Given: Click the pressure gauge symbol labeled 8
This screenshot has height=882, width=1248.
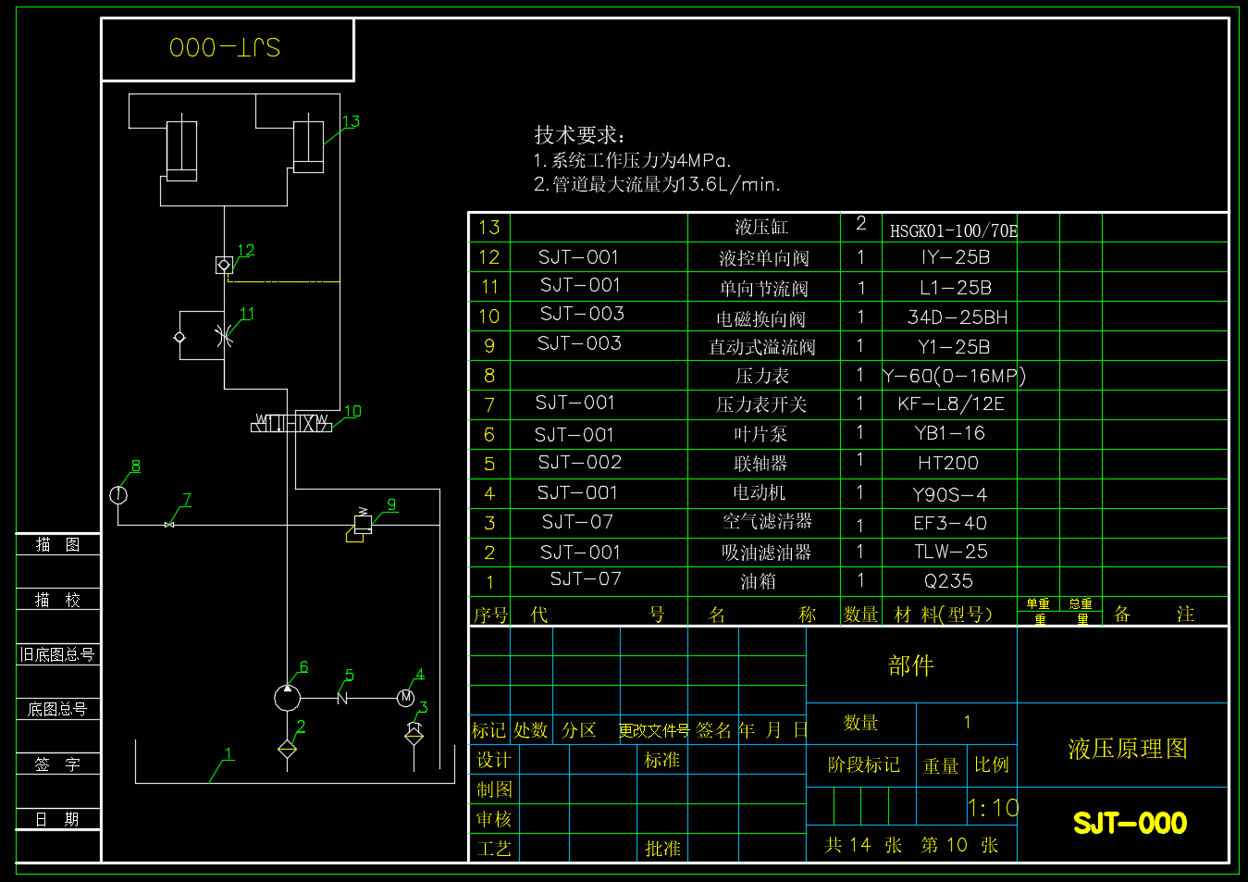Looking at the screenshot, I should pyautogui.click(x=118, y=494).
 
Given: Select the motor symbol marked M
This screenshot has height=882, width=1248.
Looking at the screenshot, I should pyautogui.click(x=405, y=698).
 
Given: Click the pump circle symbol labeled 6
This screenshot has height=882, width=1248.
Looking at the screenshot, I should pyautogui.click(x=288, y=697).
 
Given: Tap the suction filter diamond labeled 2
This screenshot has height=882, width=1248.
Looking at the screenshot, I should pyautogui.click(x=288, y=749).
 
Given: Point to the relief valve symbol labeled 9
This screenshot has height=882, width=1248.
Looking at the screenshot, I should pyautogui.click(x=362, y=525).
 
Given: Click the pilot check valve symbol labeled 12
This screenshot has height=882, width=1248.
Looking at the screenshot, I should pyautogui.click(x=224, y=265).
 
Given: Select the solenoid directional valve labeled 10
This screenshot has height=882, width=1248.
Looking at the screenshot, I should pyautogui.click(x=291, y=423).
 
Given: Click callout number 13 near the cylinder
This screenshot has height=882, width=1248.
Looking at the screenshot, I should pyautogui.click(x=351, y=122).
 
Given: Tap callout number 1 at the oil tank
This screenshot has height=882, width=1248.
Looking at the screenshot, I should pyautogui.click(x=229, y=753).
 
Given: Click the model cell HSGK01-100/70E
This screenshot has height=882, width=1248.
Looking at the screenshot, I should pyautogui.click(x=953, y=230).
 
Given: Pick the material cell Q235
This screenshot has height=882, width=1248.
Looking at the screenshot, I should pyautogui.click(x=948, y=581).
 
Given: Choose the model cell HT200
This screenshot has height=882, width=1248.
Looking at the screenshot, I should pyautogui.click(x=948, y=463).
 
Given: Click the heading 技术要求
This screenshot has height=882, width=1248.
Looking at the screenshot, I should pyautogui.click(x=579, y=135).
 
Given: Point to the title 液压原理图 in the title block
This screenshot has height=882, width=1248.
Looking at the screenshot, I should pyautogui.click(x=1128, y=749).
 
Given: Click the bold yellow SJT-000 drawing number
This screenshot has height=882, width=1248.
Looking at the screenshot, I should pyautogui.click(x=1130, y=823).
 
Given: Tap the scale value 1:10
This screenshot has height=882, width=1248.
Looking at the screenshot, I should pyautogui.click(x=993, y=808).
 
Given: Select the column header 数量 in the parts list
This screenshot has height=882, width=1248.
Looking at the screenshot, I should pyautogui.click(x=860, y=615).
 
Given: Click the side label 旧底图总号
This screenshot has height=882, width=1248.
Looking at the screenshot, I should pyautogui.click(x=57, y=654).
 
